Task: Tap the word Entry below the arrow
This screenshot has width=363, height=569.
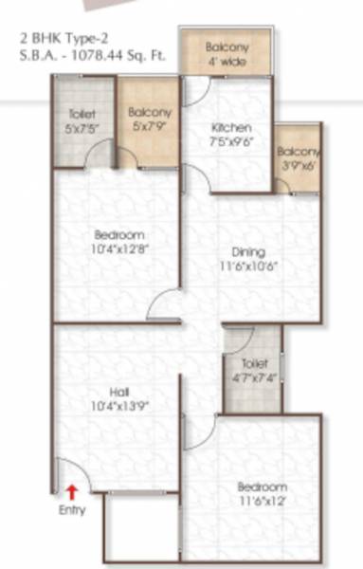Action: pyautogui.click(x=72, y=510)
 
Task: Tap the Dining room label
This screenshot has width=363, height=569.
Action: pyautogui.click(x=248, y=252)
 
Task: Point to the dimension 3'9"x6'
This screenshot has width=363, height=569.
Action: pyautogui.click(x=299, y=164)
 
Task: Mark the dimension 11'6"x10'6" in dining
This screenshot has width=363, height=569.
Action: pyautogui.click(x=248, y=266)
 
